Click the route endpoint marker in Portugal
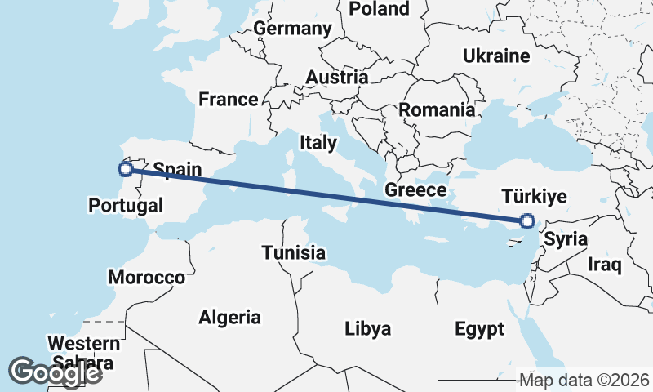[x=126, y=169]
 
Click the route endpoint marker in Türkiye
[x=527, y=220]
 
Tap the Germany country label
[x=293, y=29]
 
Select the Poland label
[x=379, y=9]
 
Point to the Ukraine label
[x=496, y=56]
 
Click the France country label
[x=229, y=100]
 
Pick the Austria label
[x=336, y=78]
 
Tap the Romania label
[x=437, y=109]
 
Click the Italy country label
[x=318, y=143]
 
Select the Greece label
[x=415, y=190]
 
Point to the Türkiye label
[x=533, y=197]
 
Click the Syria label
[x=566, y=240]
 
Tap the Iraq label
[x=605, y=265]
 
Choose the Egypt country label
[x=479, y=330]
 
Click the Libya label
[x=367, y=329]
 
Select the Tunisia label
[x=294, y=253]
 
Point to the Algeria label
[x=229, y=318]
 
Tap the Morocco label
[x=147, y=278]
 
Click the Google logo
[x=56, y=372]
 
